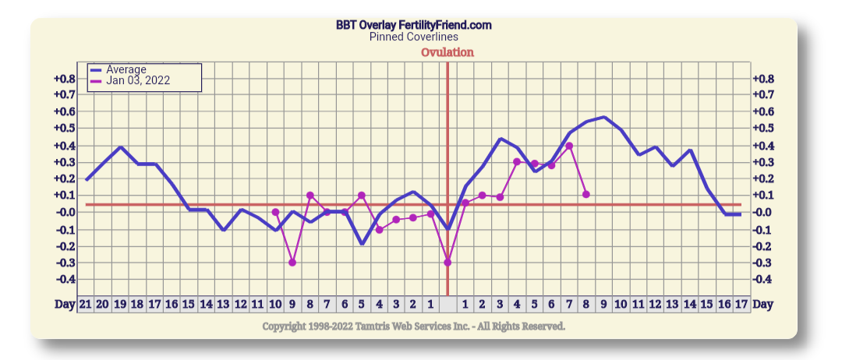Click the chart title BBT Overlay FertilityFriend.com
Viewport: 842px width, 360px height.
tap(413, 25)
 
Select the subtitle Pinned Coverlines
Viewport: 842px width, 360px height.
tap(413, 37)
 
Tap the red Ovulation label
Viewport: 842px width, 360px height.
tap(447, 52)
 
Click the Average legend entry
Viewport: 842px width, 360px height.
tap(126, 69)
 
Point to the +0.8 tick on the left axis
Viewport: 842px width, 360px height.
tap(65, 79)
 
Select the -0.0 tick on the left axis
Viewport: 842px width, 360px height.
tap(65, 212)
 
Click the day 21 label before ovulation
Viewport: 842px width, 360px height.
tap(85, 304)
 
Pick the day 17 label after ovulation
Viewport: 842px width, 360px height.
tap(741, 304)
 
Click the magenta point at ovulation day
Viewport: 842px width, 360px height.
tap(448, 263)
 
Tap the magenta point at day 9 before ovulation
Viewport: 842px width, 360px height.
tap(292, 263)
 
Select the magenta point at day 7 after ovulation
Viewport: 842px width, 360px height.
tap(569, 146)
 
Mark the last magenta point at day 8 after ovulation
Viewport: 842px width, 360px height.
tap(586, 194)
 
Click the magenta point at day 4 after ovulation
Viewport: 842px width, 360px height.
tap(517, 161)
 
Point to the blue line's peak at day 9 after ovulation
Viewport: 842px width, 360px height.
tap(604, 118)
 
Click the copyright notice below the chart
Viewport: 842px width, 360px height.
tap(413, 326)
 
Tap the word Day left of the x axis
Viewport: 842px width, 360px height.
tap(65, 304)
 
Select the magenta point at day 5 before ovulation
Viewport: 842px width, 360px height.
tap(362, 195)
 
